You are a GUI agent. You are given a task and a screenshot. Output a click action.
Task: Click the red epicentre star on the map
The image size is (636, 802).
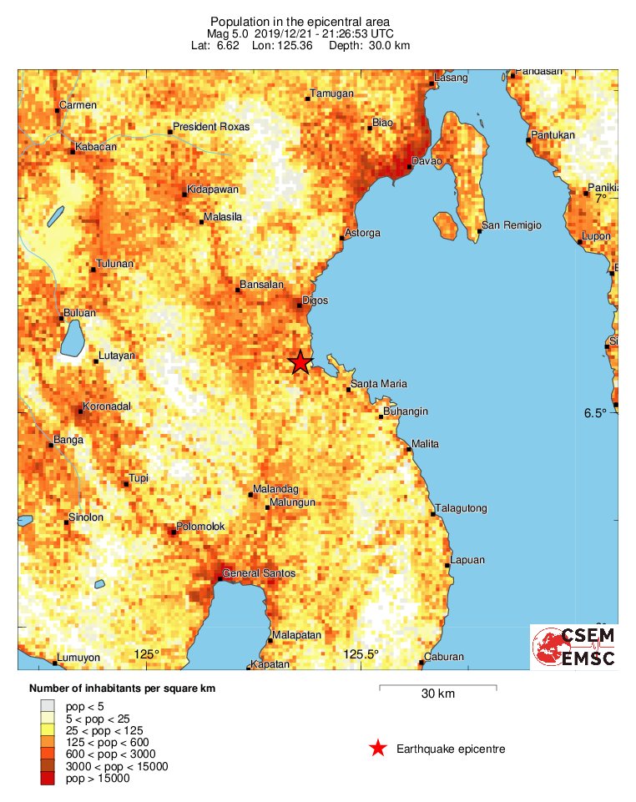[300, 362]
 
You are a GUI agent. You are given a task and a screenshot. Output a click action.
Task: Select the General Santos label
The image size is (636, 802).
[260, 574]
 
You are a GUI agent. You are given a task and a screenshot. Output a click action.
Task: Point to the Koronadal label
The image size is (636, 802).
[110, 408]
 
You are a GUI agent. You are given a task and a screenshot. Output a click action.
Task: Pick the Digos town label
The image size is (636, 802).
[315, 300]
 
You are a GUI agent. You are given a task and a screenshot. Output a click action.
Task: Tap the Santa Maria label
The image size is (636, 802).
[378, 384]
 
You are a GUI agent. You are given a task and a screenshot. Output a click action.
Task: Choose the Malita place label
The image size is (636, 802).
[425, 444]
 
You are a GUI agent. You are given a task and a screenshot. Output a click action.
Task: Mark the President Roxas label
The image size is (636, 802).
[211, 128]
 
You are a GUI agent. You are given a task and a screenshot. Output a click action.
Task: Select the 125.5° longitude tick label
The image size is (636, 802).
[361, 654]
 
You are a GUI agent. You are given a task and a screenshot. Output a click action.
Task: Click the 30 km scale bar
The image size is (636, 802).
[438, 687]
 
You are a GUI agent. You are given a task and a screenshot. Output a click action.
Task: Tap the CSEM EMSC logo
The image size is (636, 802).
[574, 648]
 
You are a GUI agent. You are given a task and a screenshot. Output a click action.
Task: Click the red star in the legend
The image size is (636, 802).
[378, 749]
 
